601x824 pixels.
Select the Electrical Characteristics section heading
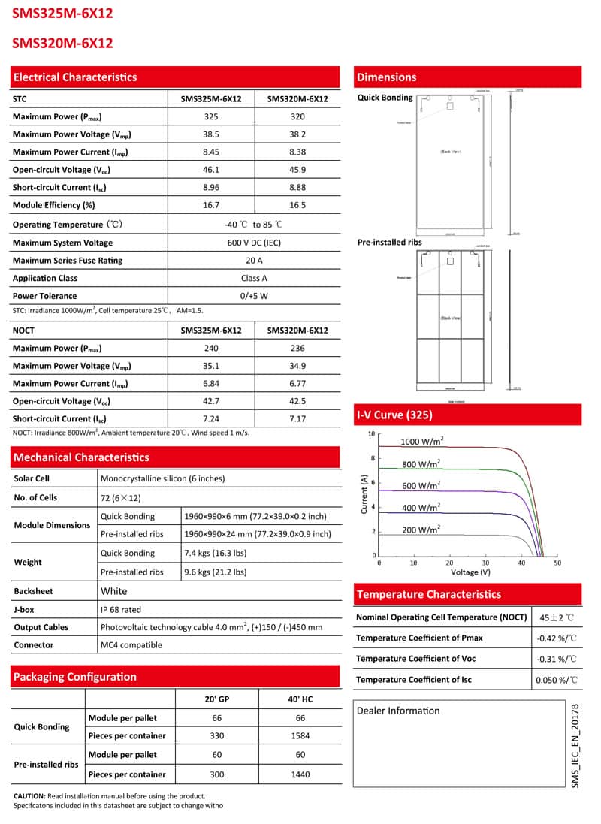[x=75, y=77]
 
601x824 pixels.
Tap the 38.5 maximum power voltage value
[x=211, y=134]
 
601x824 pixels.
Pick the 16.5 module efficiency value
[x=298, y=205]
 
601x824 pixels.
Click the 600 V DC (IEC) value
[x=254, y=243]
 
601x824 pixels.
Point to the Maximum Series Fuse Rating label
[x=68, y=261]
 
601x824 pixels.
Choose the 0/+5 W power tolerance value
[x=254, y=296]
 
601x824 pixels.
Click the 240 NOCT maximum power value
[x=211, y=349]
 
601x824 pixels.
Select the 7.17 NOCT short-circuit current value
[x=298, y=418]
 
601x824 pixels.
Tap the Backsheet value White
[x=114, y=591]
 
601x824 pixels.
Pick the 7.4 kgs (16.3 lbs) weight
[x=215, y=554]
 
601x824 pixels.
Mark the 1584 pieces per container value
[x=300, y=736]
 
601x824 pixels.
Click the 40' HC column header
[x=300, y=699]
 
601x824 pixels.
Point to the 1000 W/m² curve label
[x=421, y=442]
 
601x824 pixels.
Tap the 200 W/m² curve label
[x=421, y=530]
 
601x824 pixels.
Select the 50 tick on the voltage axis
[x=557, y=563]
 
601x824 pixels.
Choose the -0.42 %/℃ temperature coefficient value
[x=557, y=638]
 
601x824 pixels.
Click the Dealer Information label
[x=398, y=711]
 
